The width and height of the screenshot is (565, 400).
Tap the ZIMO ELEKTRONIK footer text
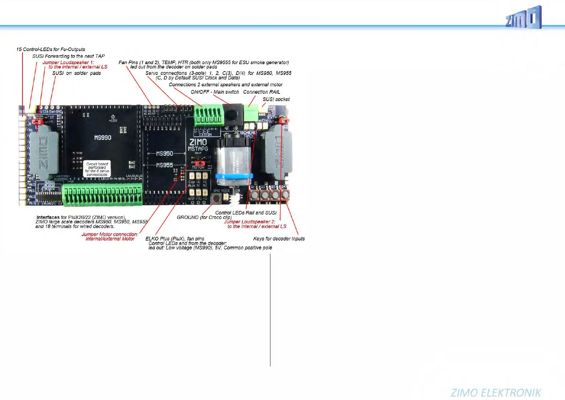point(496,393)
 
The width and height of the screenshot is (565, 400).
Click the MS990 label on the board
point(103,138)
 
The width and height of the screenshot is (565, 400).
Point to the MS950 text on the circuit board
point(164,153)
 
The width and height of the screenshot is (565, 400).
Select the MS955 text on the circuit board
point(164,165)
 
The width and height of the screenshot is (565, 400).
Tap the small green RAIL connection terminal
point(250,113)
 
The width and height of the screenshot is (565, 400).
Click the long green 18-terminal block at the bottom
point(102,195)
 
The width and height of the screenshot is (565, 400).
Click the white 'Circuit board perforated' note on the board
point(97,169)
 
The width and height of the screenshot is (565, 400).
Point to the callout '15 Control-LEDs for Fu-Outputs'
point(51,49)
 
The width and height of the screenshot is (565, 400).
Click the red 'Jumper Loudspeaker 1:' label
point(68,62)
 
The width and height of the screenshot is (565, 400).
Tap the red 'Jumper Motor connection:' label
point(110,234)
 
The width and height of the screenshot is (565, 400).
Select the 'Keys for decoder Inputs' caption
point(279,239)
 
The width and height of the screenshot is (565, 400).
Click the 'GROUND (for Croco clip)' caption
point(204,217)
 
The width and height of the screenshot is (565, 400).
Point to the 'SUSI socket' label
point(276,99)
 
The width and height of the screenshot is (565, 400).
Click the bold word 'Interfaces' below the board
point(48,217)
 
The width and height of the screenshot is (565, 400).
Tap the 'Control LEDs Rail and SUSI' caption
point(246,213)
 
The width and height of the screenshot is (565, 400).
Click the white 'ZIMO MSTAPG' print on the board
point(198,145)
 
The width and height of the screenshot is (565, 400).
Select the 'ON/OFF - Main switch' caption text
point(215,92)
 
